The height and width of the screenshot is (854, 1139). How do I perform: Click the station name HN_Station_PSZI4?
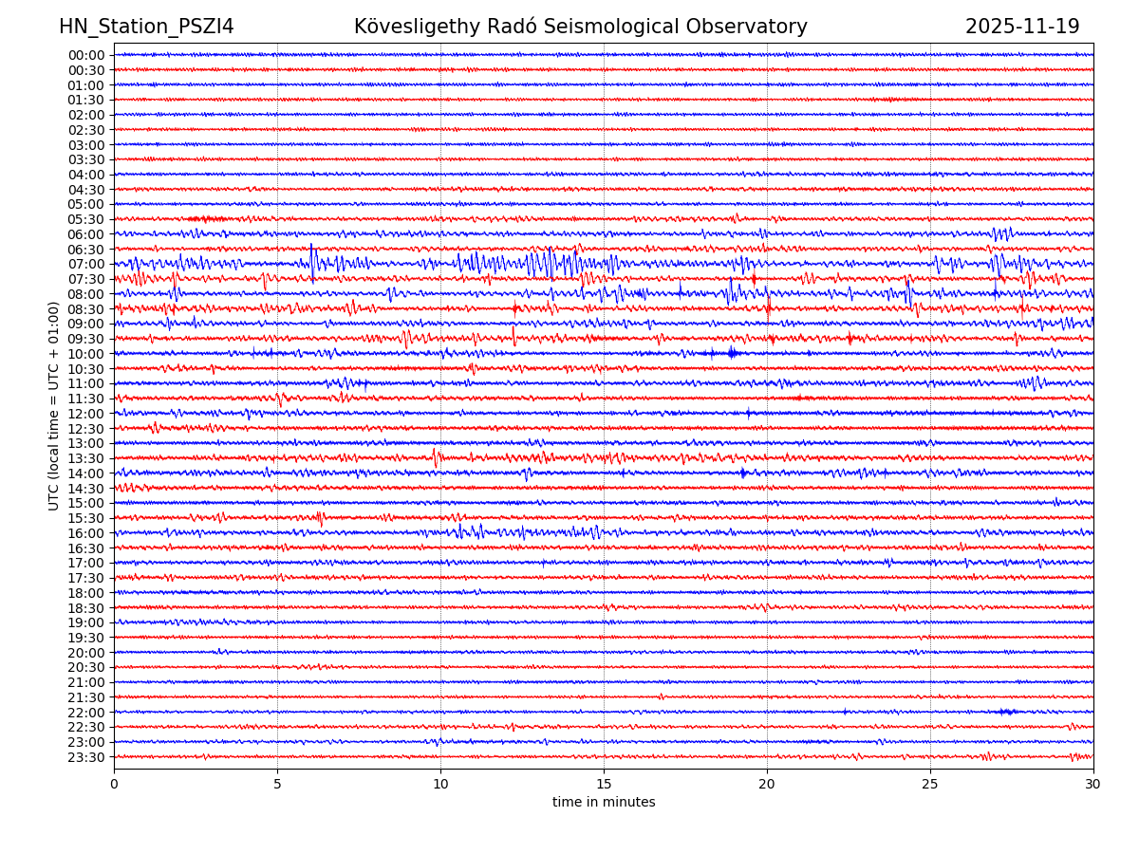pos(146,27)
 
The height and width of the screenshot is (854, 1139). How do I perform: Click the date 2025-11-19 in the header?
pos(1022,27)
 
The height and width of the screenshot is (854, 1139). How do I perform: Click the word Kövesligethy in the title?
pos(418,27)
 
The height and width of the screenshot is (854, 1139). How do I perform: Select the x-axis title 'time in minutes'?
pos(604,803)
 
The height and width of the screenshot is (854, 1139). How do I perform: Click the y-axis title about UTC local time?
pos(54,405)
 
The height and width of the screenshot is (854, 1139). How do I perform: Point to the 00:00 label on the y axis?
pos(86,55)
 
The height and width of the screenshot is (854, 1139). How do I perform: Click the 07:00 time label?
pos(86,264)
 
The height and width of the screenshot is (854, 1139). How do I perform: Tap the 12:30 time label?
pos(86,429)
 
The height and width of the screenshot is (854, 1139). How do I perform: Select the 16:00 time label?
pos(86,533)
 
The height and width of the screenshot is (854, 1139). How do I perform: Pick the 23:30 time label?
pos(86,757)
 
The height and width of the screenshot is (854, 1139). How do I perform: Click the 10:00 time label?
pos(86,354)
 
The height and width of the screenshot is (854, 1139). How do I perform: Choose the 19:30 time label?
pos(86,638)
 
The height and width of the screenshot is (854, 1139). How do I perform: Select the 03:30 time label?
pos(86,159)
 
